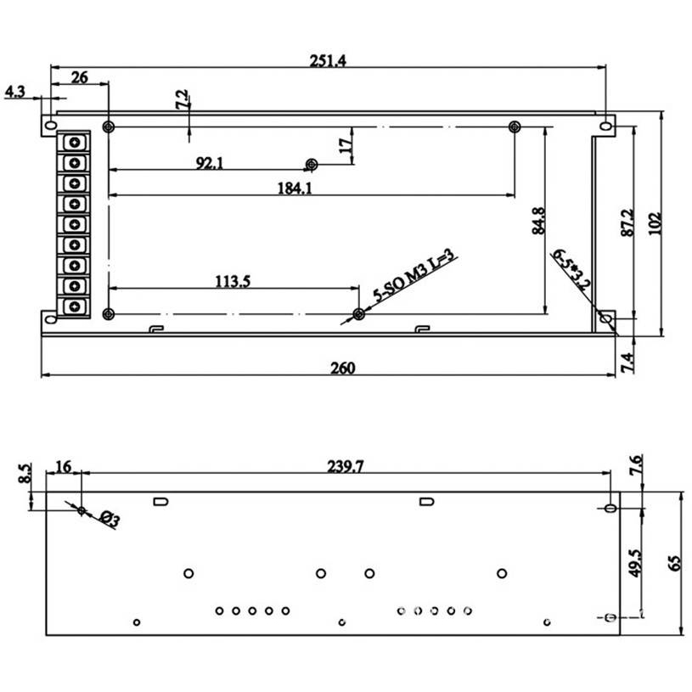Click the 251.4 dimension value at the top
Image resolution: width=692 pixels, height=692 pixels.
(328, 60)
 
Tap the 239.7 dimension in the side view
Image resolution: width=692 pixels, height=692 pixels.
(346, 466)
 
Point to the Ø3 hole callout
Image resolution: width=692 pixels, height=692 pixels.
(109, 517)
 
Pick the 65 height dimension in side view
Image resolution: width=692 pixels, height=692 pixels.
(674, 562)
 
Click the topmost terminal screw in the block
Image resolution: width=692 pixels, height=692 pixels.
(76, 142)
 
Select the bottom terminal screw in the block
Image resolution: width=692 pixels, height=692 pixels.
(76, 306)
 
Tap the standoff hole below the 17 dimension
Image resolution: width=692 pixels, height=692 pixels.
(312, 164)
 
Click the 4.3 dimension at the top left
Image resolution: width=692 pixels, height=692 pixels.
(15, 91)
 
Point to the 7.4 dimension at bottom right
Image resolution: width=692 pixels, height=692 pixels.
(626, 362)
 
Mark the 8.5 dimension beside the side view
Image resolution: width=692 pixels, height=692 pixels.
(25, 472)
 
